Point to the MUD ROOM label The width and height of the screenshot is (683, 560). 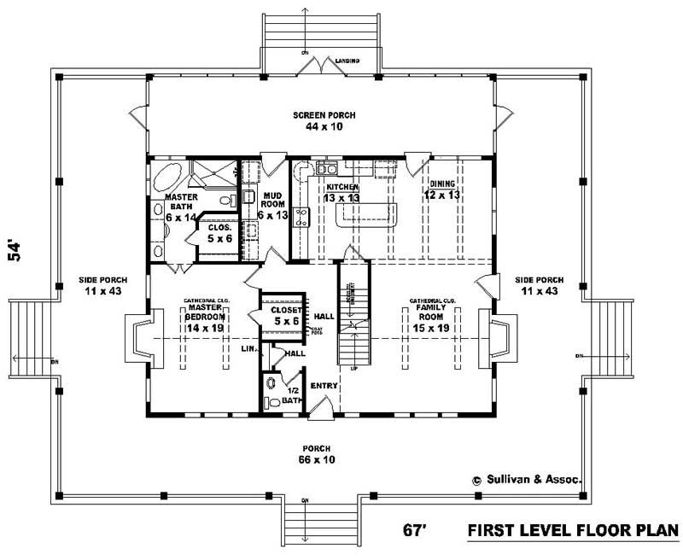coord(272,203)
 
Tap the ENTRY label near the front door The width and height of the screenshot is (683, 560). coord(324,386)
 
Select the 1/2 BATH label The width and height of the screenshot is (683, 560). coord(292,395)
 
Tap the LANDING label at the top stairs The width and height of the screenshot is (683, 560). coord(347,61)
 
